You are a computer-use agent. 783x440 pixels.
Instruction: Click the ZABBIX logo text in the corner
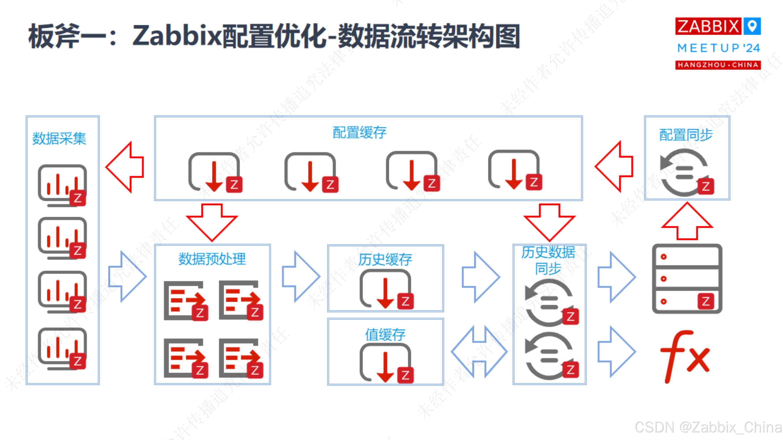pos(708,26)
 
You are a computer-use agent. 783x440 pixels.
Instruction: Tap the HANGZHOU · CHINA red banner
pos(718,65)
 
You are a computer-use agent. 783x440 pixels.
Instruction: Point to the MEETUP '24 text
pos(718,48)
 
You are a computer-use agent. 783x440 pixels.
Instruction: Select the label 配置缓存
pos(359,133)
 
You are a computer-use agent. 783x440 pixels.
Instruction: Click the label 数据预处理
pos(212,259)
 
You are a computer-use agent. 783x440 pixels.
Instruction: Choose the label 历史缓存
pos(385,260)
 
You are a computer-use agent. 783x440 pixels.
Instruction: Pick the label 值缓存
pos(385,335)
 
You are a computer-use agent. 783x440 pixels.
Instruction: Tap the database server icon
pos(687,279)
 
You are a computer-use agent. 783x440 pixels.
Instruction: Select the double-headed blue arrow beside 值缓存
pos(479,352)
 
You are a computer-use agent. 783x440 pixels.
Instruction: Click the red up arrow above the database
pos(687,222)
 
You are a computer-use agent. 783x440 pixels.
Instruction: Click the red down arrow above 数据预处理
pos(212,222)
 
